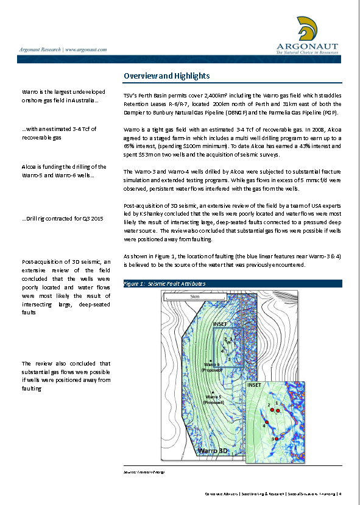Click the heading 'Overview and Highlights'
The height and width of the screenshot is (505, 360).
pyautogui.click(x=166, y=76)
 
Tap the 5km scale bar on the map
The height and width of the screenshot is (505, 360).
pyautogui.click(x=195, y=297)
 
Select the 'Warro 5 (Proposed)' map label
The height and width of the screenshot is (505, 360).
pyautogui.click(x=214, y=397)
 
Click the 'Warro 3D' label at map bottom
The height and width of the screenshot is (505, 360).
pyautogui.click(x=217, y=451)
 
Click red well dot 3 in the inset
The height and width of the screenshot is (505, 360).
pyautogui.click(x=277, y=439)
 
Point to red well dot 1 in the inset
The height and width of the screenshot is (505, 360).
pyautogui.click(x=278, y=411)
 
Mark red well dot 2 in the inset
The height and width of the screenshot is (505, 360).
pyautogui.click(x=272, y=410)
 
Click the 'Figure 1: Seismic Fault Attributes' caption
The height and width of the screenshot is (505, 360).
pyautogui.click(x=164, y=284)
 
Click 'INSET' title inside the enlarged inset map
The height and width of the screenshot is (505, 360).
pyautogui.click(x=255, y=386)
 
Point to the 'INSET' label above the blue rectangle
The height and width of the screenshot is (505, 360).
pyautogui.click(x=220, y=324)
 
